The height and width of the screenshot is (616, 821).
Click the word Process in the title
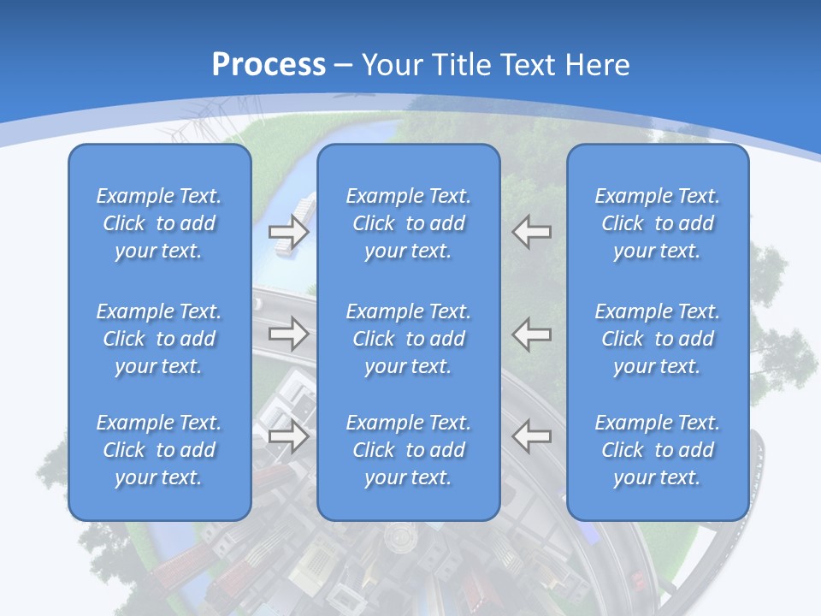[x=269, y=65]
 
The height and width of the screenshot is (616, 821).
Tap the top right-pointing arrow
[x=288, y=231]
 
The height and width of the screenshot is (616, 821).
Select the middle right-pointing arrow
[x=288, y=334]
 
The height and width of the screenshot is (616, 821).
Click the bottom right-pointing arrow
[x=288, y=436]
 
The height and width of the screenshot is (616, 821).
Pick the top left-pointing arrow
[x=532, y=231]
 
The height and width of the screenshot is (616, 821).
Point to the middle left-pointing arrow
[x=532, y=334]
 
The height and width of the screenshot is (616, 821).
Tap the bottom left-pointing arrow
[x=532, y=436]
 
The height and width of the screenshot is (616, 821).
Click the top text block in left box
[x=159, y=223]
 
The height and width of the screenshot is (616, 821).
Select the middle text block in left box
[x=159, y=339]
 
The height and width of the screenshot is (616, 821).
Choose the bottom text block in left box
[x=159, y=450]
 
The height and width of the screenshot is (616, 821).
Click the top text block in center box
[x=409, y=223]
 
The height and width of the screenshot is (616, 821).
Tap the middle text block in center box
[x=409, y=339]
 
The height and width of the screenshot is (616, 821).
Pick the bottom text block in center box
[x=409, y=450]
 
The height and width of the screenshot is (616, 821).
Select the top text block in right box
[x=658, y=223]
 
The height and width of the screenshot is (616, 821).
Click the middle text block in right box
[x=658, y=339]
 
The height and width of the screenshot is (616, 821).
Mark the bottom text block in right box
[x=658, y=450]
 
